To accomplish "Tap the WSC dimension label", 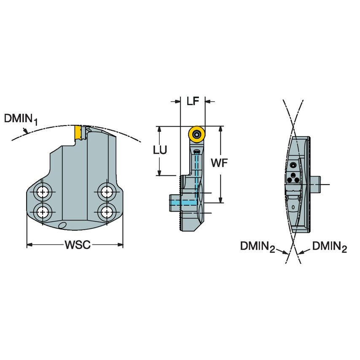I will pos(78,245).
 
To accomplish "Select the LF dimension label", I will pos(193,101).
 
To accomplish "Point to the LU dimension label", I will pos(160,150).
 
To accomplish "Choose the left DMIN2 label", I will pos(258,247).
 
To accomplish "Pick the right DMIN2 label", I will pos(330,247).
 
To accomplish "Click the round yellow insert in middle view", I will pos(196,134).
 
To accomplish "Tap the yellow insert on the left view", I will pos(78,133).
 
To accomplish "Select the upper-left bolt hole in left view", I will pos(42,193).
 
